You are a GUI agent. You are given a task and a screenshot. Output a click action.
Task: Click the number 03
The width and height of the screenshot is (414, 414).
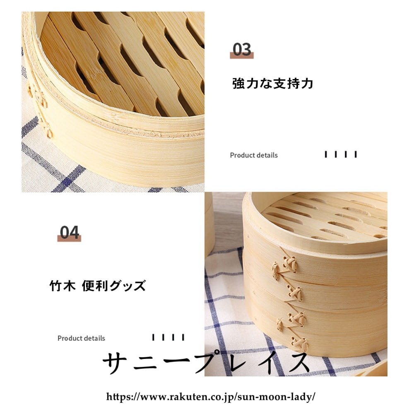coord(242,49)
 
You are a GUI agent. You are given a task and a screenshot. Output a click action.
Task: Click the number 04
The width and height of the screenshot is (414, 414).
coord(70,232)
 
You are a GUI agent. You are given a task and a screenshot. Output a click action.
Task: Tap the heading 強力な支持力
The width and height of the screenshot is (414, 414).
coord(273,84)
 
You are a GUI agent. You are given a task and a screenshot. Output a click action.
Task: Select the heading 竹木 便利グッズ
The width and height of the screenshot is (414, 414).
coord(98,286)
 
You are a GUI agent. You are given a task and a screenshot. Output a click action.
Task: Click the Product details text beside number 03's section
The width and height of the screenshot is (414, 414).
coord(254,155)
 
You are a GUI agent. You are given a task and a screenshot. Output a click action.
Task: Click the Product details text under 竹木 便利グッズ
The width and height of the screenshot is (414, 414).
coord(81,338)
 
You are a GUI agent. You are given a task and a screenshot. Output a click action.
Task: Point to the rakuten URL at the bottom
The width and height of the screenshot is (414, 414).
coord(211,397)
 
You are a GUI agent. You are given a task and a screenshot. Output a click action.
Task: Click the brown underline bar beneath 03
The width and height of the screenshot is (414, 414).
coord(242,55)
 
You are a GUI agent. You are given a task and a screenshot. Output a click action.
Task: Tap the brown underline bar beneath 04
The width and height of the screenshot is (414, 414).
coord(69,238)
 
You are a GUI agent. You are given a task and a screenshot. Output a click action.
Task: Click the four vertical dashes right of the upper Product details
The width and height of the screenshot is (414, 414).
coord(341,154)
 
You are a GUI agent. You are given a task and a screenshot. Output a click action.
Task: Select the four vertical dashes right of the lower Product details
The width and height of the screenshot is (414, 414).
coord(168,337)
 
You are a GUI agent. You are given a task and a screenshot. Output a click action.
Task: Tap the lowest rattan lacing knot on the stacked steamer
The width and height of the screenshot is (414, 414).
coord(300,343)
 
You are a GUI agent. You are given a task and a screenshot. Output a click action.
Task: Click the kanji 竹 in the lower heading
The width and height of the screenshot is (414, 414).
coord(56,286)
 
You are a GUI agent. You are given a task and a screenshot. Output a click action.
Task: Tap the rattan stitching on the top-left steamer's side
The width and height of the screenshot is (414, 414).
coord(41,111)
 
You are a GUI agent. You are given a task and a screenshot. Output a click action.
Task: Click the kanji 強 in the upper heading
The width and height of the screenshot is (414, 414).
coord(238,84)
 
